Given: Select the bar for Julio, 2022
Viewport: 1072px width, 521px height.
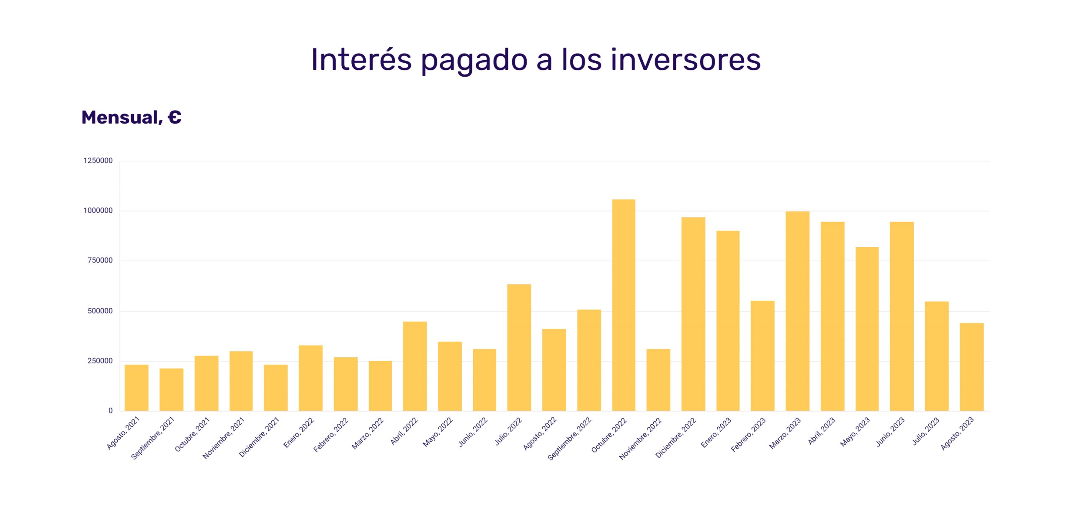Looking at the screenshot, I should (x=519, y=348).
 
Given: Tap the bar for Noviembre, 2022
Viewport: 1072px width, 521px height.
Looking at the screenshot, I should (x=658, y=380).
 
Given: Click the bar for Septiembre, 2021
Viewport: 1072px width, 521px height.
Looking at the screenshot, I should (x=171, y=389).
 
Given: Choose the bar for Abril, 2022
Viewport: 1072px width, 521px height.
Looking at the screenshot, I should (x=415, y=366).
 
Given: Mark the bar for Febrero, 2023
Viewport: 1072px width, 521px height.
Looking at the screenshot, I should (x=763, y=356).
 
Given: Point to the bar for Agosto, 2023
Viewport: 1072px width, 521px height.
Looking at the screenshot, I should (x=971, y=367).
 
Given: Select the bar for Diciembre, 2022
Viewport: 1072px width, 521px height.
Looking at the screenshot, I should (x=693, y=314).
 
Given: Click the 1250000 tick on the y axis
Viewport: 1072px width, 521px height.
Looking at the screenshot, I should (x=98, y=161).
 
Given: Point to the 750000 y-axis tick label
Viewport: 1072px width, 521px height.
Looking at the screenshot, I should (x=100, y=260).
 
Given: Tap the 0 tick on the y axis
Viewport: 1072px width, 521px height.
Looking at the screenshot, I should (x=111, y=411).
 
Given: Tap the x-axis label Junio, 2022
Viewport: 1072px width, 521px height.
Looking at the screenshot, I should (x=473, y=432).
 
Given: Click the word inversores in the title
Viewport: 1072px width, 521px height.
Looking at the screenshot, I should (x=685, y=60).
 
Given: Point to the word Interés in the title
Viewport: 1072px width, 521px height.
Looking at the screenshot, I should (x=361, y=60).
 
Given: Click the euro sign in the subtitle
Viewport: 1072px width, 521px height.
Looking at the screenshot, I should (x=175, y=117).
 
